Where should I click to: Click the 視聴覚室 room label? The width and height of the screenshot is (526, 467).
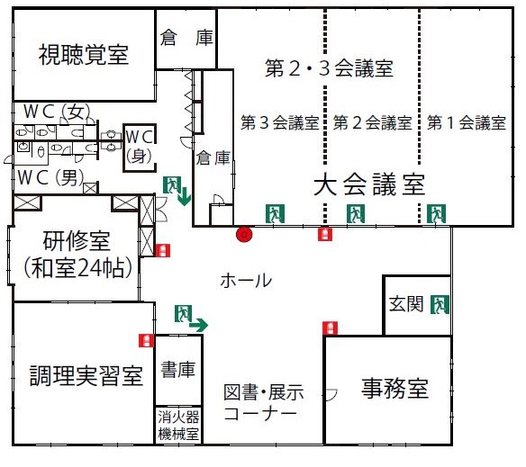[84, 55]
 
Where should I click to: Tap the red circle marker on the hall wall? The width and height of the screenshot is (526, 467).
[244, 235]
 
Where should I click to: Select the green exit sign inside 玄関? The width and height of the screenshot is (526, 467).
[440, 304]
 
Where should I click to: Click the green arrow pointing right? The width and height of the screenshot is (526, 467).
[198, 325]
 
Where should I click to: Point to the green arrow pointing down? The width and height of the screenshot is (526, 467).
[184, 197]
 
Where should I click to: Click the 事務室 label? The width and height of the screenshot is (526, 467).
[394, 388]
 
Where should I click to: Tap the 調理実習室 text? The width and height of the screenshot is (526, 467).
[86, 375]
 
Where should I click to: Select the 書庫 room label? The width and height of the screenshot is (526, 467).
[177, 370]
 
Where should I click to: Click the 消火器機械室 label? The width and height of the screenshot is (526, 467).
[178, 426]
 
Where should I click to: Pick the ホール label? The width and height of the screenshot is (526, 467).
[246, 280]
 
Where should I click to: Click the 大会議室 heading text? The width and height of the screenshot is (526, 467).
[369, 184]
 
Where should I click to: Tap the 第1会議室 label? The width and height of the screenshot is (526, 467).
[467, 122]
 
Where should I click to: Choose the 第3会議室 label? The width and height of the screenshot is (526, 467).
[280, 122]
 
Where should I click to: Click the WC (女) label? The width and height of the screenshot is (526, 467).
[57, 112]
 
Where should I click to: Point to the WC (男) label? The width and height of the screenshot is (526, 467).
[50, 177]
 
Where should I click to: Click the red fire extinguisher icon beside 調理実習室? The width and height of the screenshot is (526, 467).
[147, 341]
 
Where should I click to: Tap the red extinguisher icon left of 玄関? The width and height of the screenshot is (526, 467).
[330, 328]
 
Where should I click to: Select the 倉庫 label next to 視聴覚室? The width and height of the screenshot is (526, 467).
[186, 38]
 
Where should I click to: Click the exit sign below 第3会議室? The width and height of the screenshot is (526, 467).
[275, 213]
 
